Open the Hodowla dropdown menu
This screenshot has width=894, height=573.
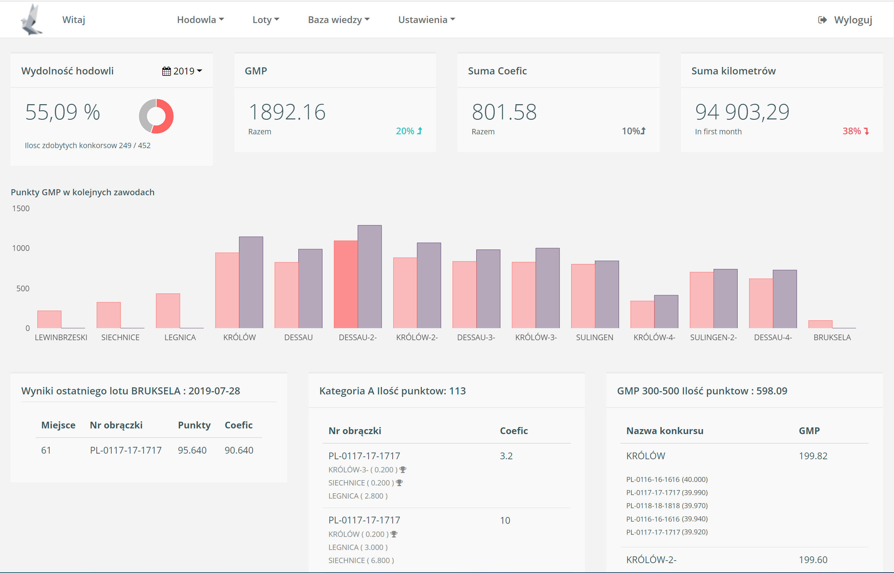(200, 20)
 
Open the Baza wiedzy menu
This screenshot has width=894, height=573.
(338, 20)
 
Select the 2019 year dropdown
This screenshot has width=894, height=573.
(182, 71)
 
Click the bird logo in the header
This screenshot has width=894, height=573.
(31, 20)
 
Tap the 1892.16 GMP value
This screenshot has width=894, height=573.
(287, 112)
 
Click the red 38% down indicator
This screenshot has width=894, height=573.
(855, 131)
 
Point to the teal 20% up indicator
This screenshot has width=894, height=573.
(409, 131)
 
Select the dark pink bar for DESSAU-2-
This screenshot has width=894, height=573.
(345, 284)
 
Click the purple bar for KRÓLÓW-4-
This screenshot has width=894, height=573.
(666, 311)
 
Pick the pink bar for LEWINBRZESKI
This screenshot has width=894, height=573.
(50, 319)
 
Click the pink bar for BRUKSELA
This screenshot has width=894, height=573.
(820, 324)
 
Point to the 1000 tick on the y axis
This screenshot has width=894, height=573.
(21, 248)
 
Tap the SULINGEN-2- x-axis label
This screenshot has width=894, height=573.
(713, 337)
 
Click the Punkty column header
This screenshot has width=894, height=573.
(194, 425)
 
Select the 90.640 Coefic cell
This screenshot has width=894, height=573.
(239, 450)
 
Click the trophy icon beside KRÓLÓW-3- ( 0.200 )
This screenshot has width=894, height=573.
(403, 470)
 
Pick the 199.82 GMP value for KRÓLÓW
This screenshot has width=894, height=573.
(813, 456)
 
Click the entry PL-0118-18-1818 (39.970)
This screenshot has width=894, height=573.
(667, 506)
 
